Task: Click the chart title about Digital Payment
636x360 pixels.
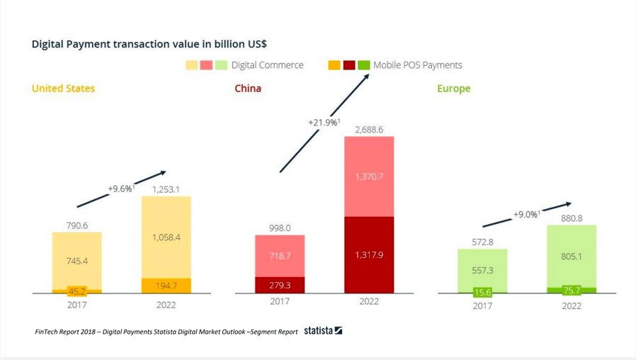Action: tap(149, 44)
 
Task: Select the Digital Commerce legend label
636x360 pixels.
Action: tap(267, 65)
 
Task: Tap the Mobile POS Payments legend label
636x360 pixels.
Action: tap(417, 65)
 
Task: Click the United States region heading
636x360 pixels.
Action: tap(63, 89)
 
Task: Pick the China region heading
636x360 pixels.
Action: tap(248, 89)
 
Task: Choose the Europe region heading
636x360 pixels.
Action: tap(453, 89)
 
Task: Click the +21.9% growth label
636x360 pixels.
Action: tap(324, 123)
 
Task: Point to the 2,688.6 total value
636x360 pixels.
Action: tap(369, 130)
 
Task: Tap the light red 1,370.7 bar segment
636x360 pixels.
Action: tap(369, 176)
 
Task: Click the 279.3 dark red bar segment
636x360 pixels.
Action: tap(280, 284)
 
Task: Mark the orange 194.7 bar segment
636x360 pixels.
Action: tap(166, 286)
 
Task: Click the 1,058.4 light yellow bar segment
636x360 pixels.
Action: tap(166, 237)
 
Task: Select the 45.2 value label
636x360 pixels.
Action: tap(76, 291)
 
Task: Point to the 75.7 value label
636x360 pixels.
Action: tap(572, 290)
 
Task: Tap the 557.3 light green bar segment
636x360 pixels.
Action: tap(482, 270)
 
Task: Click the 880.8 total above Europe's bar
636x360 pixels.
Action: tap(572, 218)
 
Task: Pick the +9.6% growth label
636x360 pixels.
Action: tap(121, 189)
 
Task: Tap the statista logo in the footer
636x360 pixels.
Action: tap(323, 331)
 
